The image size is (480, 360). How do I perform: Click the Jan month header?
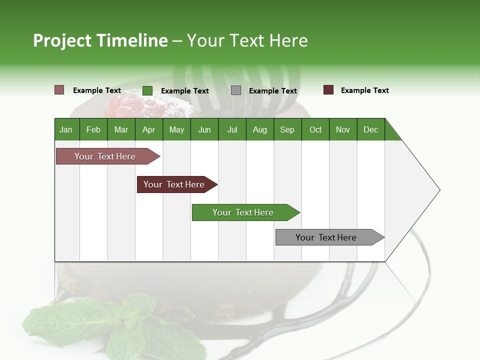click(66, 129)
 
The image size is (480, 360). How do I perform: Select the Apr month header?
click(148, 129)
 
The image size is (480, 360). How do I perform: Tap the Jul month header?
click(232, 129)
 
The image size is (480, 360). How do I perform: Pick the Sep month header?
click(287, 129)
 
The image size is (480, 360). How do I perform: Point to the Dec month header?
click(370, 129)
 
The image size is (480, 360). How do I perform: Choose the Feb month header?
click(93, 129)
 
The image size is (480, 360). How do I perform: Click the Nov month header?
click(342, 129)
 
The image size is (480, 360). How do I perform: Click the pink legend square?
click(59, 90)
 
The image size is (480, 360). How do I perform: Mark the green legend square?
click(147, 90)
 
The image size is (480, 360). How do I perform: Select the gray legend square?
click(236, 90)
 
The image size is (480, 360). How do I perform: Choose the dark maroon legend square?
click(328, 90)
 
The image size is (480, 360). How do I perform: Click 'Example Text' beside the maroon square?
click(364, 90)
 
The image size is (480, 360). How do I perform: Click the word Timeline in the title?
click(131, 40)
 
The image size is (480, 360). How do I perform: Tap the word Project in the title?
click(62, 40)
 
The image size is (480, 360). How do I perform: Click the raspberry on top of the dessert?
click(125, 105)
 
